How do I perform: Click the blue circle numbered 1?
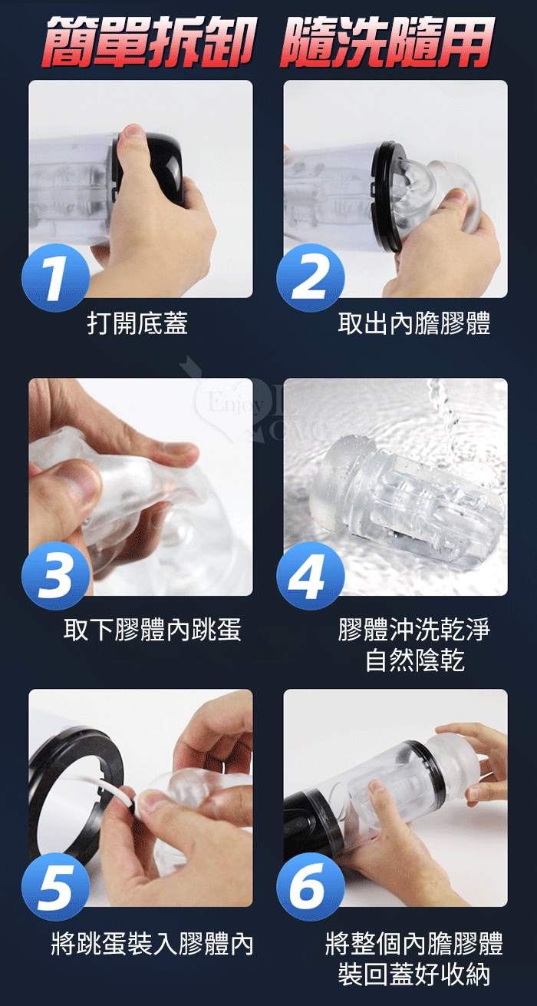tap(56, 277)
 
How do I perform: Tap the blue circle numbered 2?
tap(311, 277)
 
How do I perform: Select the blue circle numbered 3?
tap(56, 576)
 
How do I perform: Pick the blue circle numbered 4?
tap(311, 576)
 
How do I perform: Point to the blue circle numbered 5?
tap(56, 886)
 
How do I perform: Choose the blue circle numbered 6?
tap(311, 886)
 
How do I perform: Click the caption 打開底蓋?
tap(137, 323)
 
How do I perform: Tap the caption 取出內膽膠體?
tap(414, 323)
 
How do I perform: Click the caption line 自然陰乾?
tap(414, 660)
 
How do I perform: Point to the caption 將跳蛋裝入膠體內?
tap(153, 944)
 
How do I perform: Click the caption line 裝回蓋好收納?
tap(414, 974)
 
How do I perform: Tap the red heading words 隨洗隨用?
tap(387, 41)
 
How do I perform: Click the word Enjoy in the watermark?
tap(235, 404)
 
